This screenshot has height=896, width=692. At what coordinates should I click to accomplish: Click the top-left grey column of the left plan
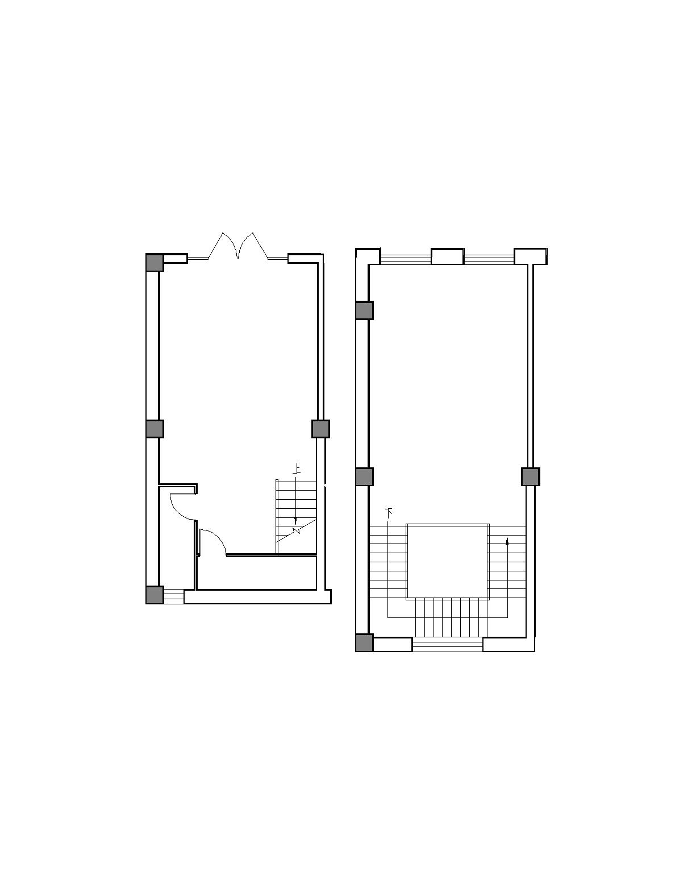155,262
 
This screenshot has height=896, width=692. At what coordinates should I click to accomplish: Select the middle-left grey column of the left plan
155,429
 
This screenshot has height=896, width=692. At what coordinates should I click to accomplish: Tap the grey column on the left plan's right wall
320,429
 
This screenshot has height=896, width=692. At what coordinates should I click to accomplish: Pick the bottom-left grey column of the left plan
155,595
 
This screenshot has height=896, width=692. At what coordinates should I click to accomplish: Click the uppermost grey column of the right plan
365,310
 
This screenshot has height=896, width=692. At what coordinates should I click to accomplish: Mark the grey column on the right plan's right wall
531,476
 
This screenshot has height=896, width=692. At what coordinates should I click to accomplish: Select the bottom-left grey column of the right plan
365,643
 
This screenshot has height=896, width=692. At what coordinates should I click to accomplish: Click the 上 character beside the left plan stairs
296,469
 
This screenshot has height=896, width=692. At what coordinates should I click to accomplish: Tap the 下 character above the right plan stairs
389,512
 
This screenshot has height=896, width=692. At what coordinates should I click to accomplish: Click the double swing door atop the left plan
238,246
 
